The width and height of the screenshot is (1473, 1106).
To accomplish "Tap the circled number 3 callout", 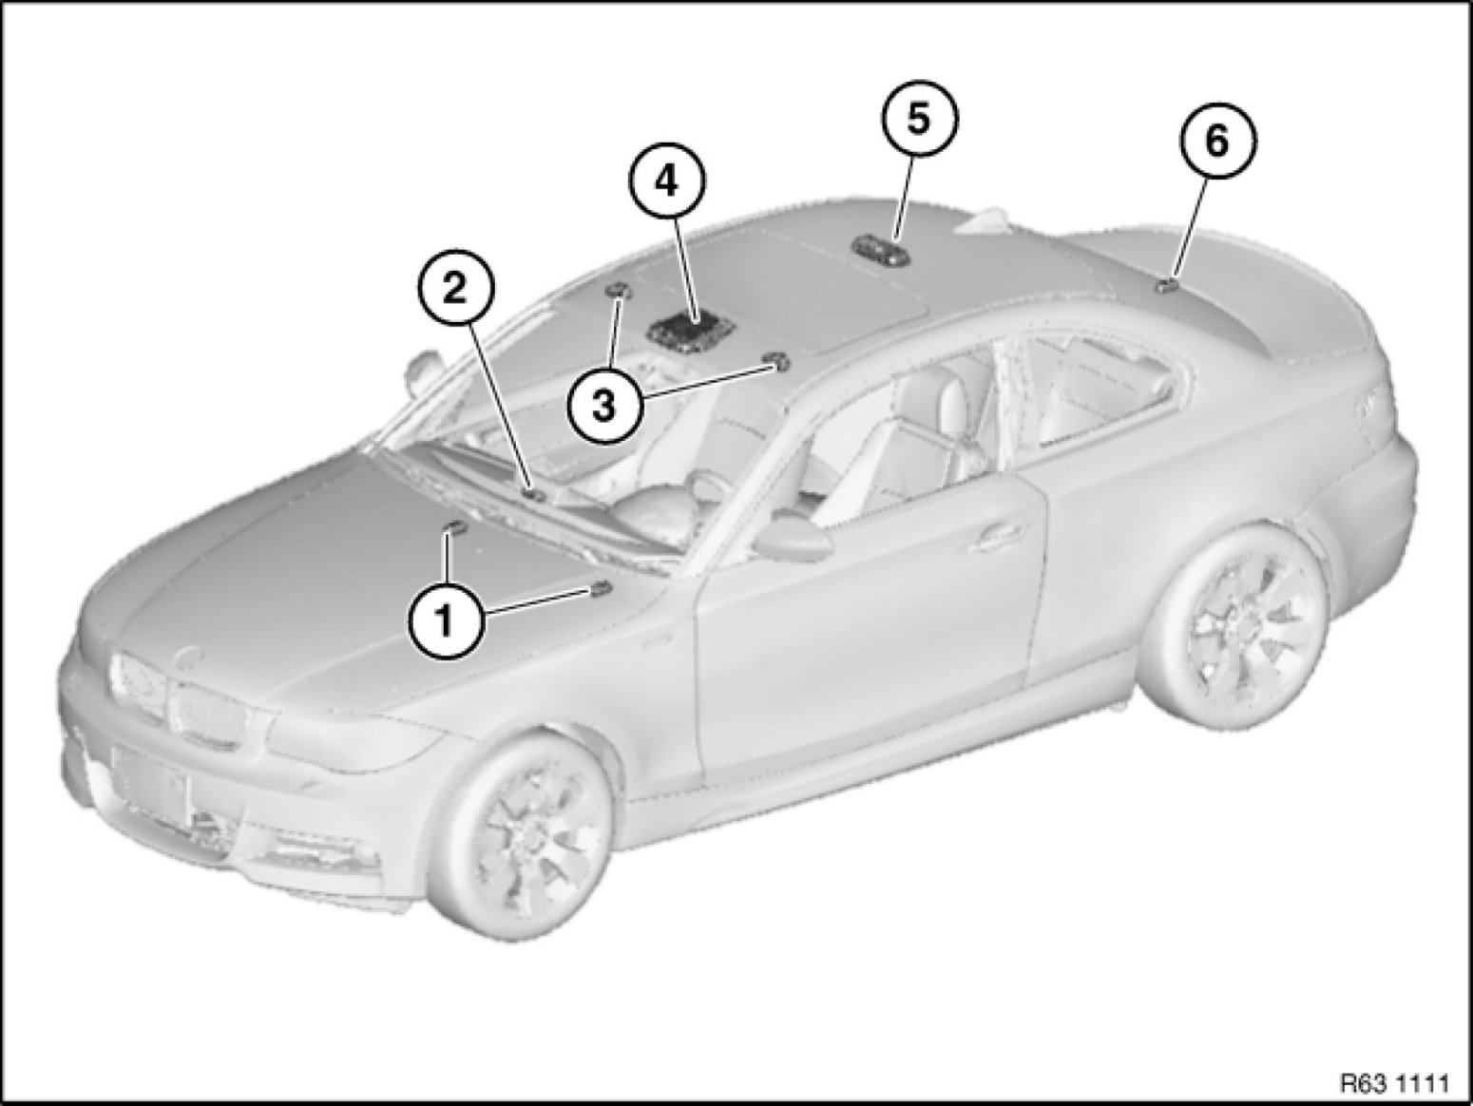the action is (604, 406).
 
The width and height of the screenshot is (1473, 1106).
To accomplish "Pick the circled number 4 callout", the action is (666, 181).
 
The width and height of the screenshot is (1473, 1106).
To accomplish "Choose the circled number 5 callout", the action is (919, 120).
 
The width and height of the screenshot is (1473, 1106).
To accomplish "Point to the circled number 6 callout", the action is (1218, 142).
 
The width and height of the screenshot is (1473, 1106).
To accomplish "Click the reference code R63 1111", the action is (1399, 1082).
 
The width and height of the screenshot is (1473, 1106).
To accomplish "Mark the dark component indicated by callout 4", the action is (691, 331).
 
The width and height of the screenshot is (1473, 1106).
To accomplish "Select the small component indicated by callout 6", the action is (1166, 287).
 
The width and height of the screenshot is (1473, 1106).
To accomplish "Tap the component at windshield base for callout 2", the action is (535, 495).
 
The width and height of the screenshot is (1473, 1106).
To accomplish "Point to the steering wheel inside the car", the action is (708, 487).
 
